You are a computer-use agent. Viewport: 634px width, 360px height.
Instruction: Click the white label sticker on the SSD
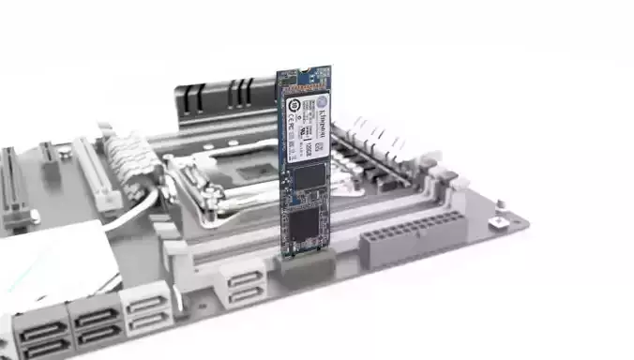(x=307, y=123)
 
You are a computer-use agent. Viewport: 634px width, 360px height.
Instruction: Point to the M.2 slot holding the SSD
(x=305, y=263)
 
